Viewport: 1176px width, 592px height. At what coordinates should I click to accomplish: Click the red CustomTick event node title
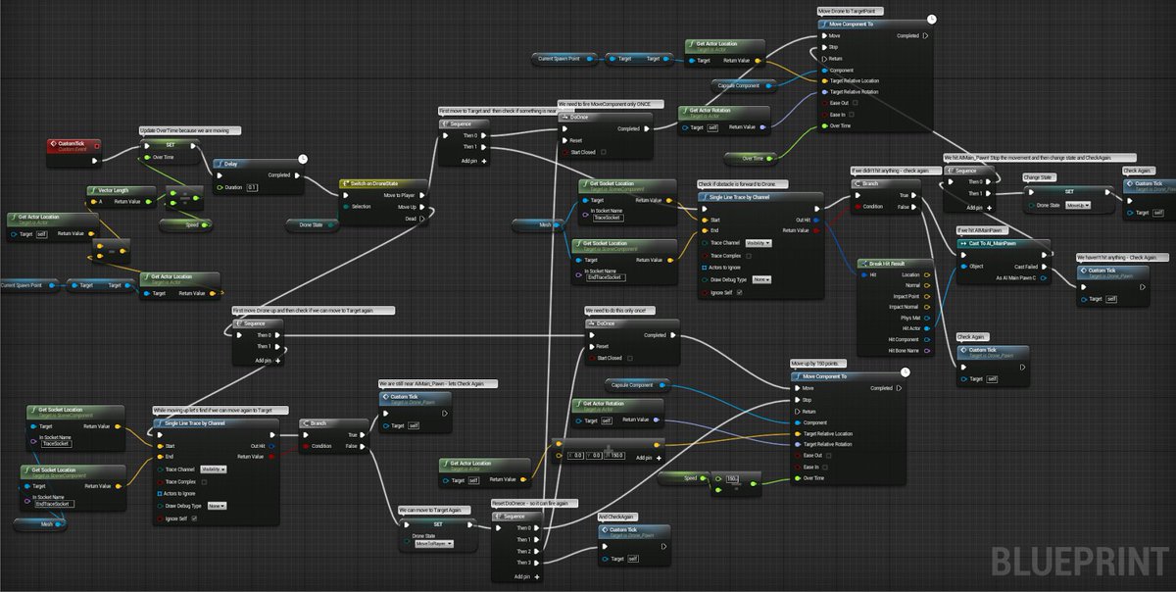pos(73,143)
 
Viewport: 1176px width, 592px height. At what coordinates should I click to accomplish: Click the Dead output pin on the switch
pos(423,219)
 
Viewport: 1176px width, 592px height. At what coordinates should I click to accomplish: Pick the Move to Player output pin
pos(423,195)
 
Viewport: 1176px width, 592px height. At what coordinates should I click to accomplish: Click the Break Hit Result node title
pos(889,264)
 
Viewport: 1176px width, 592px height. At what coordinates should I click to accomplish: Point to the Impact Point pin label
pos(901,296)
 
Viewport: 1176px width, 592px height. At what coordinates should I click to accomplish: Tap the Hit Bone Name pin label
pos(901,350)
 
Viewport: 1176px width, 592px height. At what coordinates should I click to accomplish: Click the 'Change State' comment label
pos(1040,177)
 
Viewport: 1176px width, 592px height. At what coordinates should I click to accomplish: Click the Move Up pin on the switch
pos(423,207)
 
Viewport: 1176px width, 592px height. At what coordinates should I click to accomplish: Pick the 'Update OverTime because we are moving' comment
pos(190,129)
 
